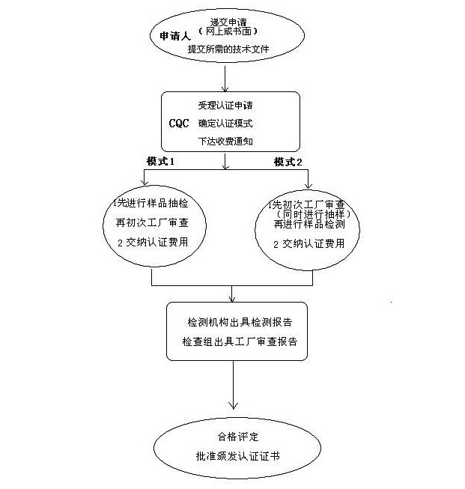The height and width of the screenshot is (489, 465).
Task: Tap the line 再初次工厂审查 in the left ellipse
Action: pyautogui.click(x=152, y=224)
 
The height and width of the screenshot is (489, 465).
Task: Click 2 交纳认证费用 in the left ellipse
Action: pyautogui.click(x=152, y=243)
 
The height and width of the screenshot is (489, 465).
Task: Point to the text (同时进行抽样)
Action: pyautogui.click(x=307, y=215)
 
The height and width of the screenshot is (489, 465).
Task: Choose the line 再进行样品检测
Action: pyautogui.click(x=308, y=225)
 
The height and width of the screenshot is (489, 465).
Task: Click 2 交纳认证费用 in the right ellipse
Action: pyautogui.click(x=308, y=243)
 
